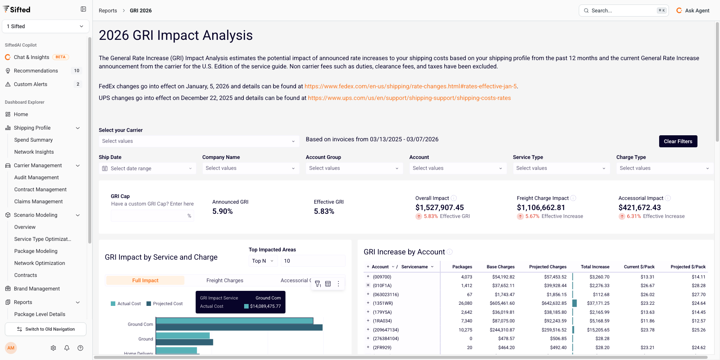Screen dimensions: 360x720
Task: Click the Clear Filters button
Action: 678,141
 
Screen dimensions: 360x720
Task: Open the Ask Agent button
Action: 693,11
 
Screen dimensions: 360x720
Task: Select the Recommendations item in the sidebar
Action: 36,71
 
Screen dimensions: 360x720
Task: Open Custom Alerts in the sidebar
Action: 31,84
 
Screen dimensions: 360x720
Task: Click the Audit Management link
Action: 36,177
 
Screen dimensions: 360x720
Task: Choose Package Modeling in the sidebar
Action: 36,251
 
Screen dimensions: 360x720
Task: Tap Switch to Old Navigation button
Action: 45,329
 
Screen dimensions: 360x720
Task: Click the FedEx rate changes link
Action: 411,86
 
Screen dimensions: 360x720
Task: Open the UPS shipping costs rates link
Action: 409,98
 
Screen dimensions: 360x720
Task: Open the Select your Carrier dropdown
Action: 199,141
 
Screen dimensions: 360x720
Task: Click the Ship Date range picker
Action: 147,168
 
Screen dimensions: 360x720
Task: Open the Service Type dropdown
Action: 561,168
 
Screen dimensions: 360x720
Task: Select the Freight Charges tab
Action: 225,280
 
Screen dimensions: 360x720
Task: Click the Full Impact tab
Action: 145,280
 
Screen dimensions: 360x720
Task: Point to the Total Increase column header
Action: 595,267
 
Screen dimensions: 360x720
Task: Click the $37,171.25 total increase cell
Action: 598,303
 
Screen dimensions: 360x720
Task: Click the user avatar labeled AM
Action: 11,348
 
